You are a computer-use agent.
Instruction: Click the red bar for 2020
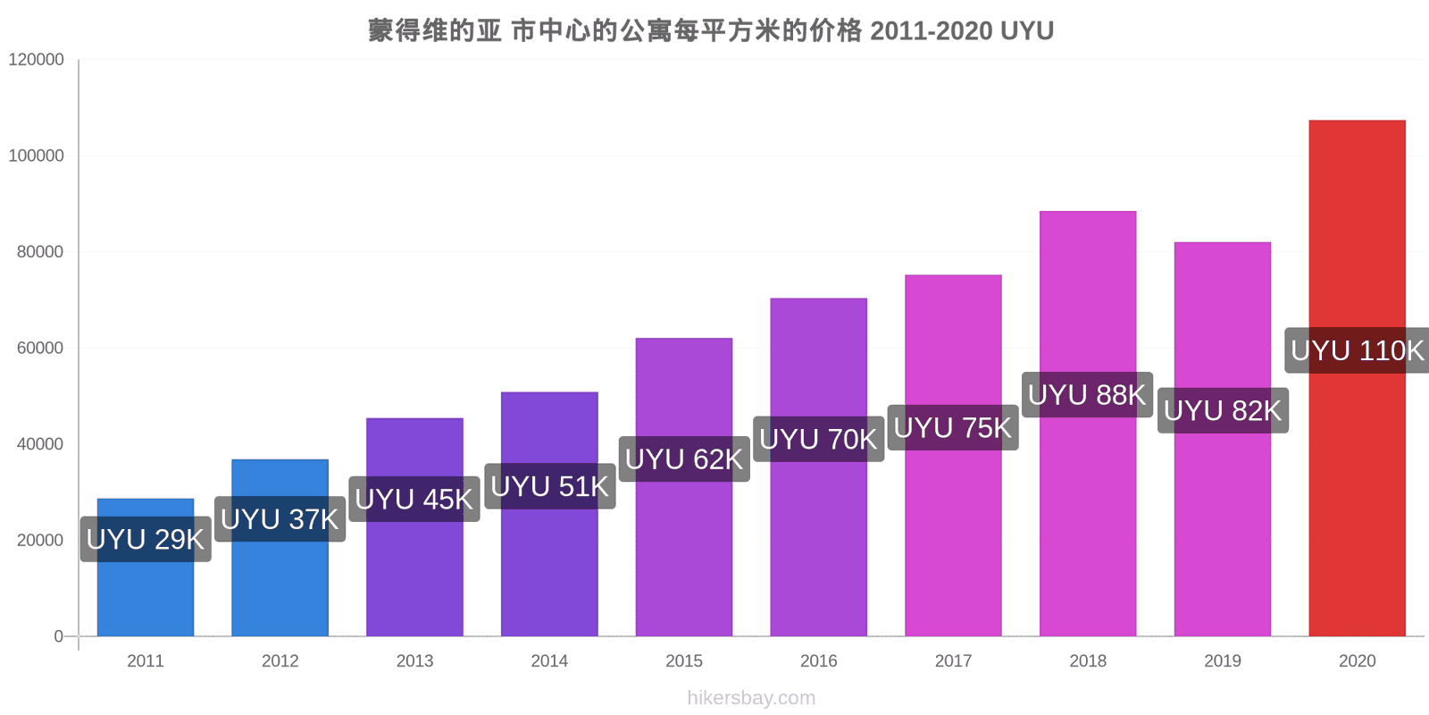(x=1357, y=378)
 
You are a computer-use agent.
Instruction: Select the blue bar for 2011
(x=146, y=568)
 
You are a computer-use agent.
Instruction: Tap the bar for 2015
(x=684, y=487)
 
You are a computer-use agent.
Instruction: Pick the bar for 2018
(x=1088, y=424)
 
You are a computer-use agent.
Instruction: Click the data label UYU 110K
(x=1357, y=350)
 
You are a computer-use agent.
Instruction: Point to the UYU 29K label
(x=146, y=540)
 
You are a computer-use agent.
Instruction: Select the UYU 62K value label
(x=684, y=459)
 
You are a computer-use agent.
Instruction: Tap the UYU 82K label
(x=1223, y=410)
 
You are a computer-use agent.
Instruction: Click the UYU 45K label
(x=414, y=500)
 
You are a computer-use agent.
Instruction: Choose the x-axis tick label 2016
(x=818, y=660)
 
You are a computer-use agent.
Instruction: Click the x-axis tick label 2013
(x=414, y=660)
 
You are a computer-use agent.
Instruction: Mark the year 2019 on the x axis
(x=1223, y=660)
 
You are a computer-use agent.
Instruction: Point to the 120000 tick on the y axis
(x=37, y=59)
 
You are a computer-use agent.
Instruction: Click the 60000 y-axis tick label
(x=40, y=348)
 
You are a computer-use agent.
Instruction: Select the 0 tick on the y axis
(x=59, y=636)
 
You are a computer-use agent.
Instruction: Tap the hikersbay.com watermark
(x=751, y=698)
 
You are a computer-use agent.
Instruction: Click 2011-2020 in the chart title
(x=932, y=30)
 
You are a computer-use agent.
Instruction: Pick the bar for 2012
(x=280, y=548)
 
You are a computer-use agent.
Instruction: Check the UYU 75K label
(x=953, y=428)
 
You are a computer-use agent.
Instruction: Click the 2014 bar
(x=549, y=515)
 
